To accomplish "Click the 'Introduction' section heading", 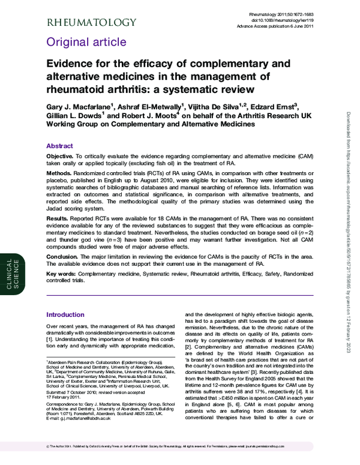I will pos(66,314).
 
